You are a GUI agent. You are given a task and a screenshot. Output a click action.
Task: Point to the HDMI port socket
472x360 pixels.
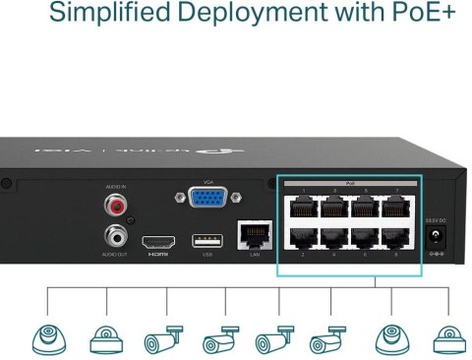coord(158,242)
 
